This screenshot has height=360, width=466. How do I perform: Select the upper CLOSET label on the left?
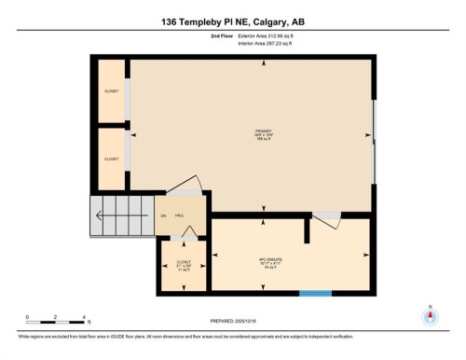click(111, 90)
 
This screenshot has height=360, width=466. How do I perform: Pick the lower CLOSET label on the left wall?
click(111, 159)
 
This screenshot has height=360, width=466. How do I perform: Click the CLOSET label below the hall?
click(184, 264)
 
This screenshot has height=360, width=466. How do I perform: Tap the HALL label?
click(179, 215)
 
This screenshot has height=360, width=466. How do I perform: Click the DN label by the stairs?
click(162, 216)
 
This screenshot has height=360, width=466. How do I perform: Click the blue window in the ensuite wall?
click(315, 294)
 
